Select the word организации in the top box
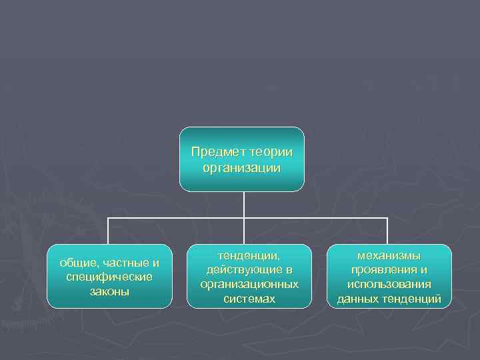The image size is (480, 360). [242, 167]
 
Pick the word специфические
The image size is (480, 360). [109, 277]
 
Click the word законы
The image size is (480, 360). [109, 291]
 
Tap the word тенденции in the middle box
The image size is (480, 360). [249, 255]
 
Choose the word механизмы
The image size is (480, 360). [389, 255]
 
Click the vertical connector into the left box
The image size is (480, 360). [109, 231]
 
